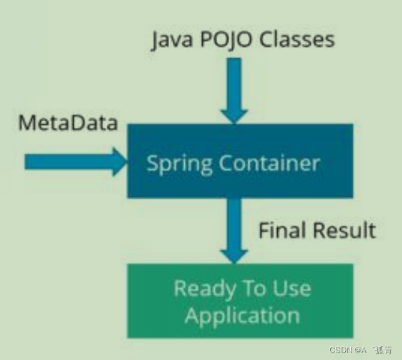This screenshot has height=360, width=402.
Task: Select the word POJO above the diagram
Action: tap(222, 40)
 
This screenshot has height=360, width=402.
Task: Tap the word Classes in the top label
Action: tap(295, 40)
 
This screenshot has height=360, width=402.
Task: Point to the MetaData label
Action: tap(67, 122)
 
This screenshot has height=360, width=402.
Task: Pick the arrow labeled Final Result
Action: tap(234, 228)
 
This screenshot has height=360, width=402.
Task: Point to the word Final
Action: tap(282, 230)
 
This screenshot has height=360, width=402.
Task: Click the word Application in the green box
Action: tap(242, 314)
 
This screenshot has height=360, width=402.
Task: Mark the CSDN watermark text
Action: tap(343, 349)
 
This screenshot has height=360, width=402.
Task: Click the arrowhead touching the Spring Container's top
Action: tap(234, 114)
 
